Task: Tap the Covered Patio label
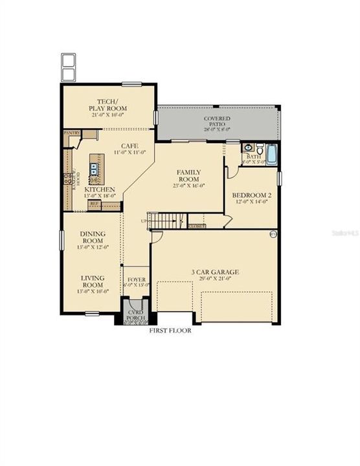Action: [x=217, y=120]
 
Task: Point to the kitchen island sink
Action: [x=94, y=170]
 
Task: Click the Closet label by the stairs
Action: [x=197, y=226]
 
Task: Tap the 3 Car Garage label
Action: [x=214, y=272]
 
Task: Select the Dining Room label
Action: [x=93, y=238]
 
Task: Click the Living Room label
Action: [x=93, y=281]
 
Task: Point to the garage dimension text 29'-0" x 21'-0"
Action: [x=214, y=280]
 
